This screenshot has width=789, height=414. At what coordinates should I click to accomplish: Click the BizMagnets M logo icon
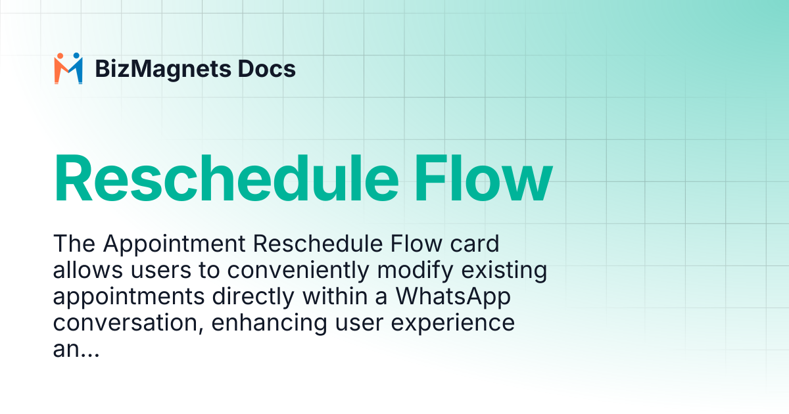point(68,68)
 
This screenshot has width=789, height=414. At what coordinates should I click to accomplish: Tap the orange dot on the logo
point(60,56)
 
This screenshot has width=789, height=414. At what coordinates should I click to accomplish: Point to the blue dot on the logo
point(76,56)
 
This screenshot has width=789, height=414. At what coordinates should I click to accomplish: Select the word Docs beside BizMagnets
point(267,68)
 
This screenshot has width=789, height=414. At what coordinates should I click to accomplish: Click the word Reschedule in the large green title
point(226,178)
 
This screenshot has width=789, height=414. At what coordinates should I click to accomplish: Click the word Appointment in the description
point(174,244)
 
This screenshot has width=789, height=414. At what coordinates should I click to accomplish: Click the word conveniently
point(298,271)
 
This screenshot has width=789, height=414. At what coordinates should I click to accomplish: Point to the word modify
point(415,271)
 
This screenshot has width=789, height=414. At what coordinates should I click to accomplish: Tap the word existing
point(504,271)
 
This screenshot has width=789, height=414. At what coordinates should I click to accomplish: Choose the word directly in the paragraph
point(253,297)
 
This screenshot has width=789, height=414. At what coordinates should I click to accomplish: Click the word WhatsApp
point(453,297)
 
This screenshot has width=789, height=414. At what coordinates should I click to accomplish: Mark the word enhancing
point(269,323)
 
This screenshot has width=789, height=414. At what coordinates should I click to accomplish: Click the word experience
point(453,323)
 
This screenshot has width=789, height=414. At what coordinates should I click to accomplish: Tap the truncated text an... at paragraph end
point(76,350)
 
